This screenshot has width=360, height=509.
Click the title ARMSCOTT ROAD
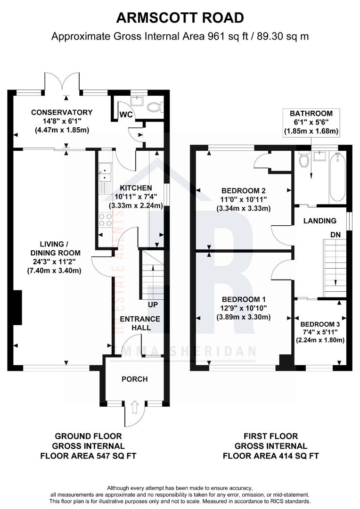pyautogui.click(x=180, y=18)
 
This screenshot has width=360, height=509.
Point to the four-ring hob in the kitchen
pyautogui.click(x=105, y=220)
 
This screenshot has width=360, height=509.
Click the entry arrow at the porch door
pyautogui.click(x=135, y=407)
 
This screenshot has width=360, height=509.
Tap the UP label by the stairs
pyautogui.click(x=153, y=305)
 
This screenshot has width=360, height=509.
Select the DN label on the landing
pyautogui.click(x=335, y=234)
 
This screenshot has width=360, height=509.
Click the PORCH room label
pyautogui.click(x=135, y=379)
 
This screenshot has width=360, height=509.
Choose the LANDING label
pyautogui.click(x=320, y=221)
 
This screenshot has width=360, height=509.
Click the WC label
pyautogui.click(x=126, y=115)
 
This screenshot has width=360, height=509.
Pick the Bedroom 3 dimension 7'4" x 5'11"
pyautogui.click(x=320, y=332)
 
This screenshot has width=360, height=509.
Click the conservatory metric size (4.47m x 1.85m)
pyautogui.click(x=62, y=130)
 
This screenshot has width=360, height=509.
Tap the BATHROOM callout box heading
pyautogui.click(x=311, y=114)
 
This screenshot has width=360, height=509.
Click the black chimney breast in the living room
pyautogui.click(x=17, y=308)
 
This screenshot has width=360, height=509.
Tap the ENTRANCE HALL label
pyautogui.click(x=140, y=323)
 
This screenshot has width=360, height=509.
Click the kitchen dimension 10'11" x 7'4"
pyautogui.click(x=136, y=197)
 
